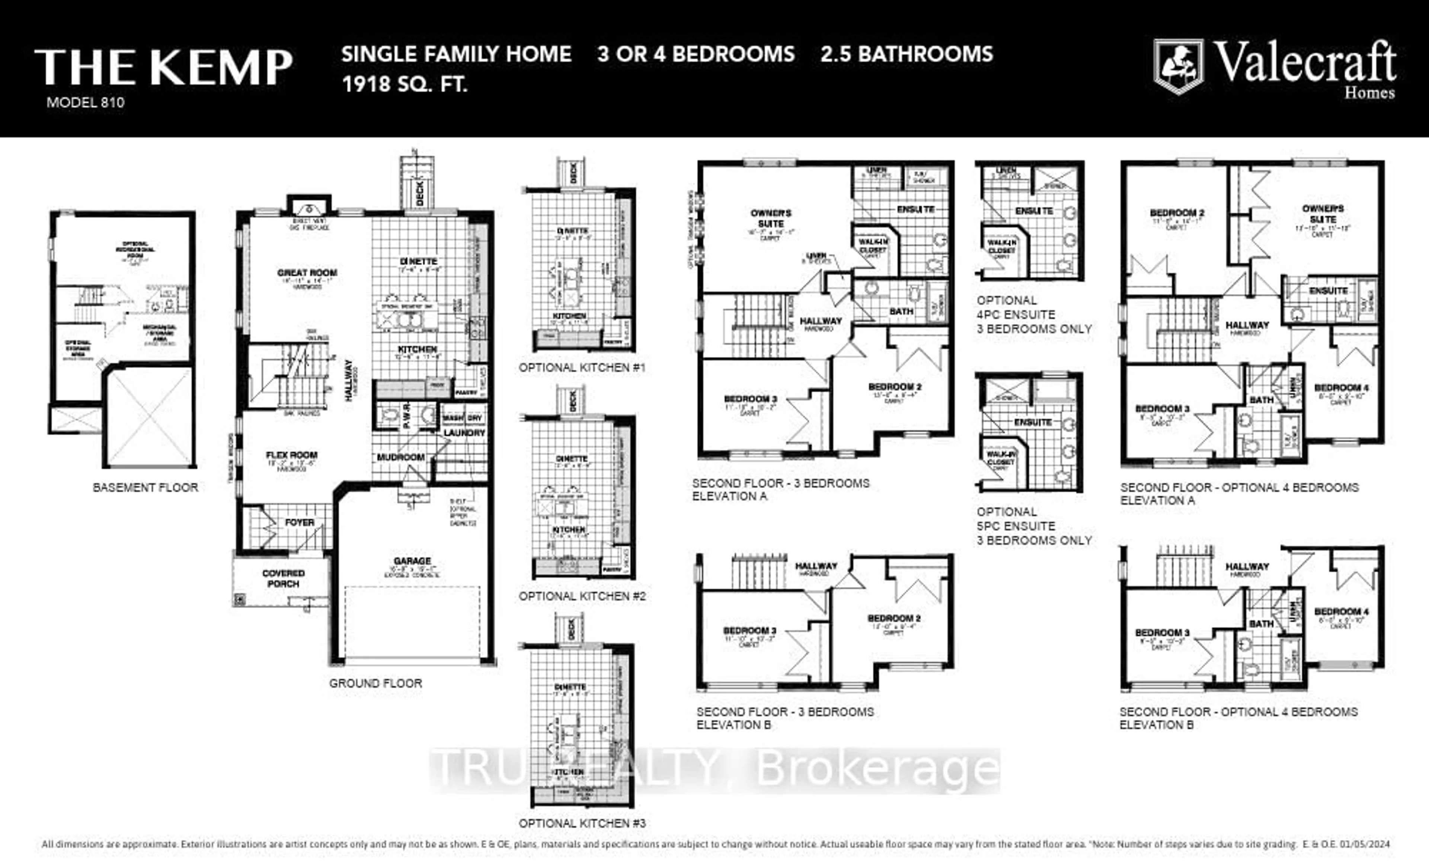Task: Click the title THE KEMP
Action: (163, 67)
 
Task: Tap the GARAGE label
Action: (412, 561)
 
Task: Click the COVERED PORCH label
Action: (283, 578)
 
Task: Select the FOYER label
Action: (299, 523)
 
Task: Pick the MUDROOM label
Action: (401, 457)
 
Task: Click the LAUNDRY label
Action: (464, 433)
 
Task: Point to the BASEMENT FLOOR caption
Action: (146, 487)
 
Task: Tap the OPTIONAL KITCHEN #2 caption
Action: (582, 596)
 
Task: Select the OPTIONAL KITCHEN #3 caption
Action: (582, 823)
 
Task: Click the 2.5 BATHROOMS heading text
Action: (907, 54)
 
